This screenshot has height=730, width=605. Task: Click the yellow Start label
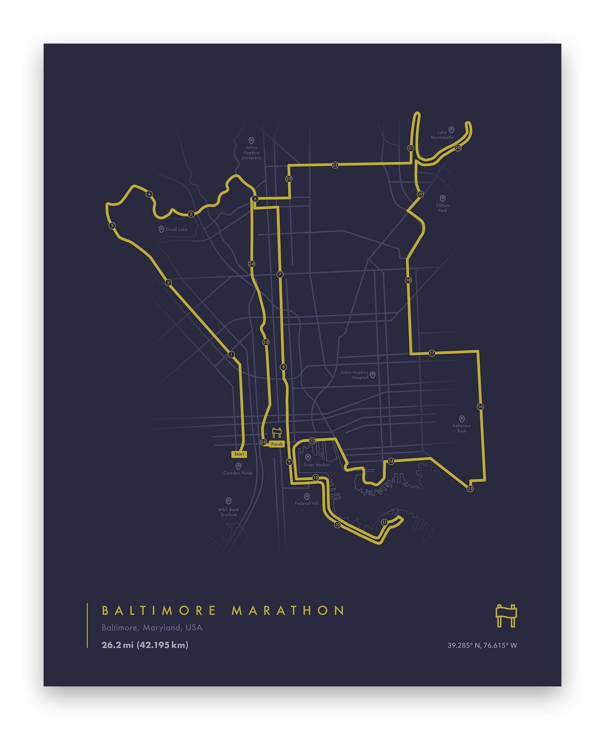(x=239, y=454)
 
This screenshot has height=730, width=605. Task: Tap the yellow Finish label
(x=277, y=444)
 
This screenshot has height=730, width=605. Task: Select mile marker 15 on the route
(x=470, y=489)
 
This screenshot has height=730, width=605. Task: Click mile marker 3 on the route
(x=112, y=226)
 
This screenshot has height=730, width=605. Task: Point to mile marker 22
(x=335, y=165)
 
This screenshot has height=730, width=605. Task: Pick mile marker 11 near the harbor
(x=384, y=522)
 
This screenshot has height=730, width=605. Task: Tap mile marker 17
(x=432, y=353)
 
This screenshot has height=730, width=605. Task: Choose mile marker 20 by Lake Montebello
(x=458, y=148)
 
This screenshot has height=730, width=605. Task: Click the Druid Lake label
(x=176, y=229)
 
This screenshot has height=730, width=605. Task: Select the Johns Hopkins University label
(x=251, y=153)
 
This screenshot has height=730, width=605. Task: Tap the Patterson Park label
(x=462, y=428)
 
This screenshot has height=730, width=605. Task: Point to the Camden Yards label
(x=238, y=473)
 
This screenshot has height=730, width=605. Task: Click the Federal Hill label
(x=307, y=503)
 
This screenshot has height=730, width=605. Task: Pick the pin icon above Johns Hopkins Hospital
(x=373, y=375)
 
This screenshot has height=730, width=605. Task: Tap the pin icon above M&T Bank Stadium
(x=229, y=501)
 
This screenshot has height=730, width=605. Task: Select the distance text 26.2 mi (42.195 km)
(x=145, y=645)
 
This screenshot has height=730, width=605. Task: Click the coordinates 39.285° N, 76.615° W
(x=482, y=645)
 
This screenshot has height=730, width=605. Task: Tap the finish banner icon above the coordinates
(x=506, y=616)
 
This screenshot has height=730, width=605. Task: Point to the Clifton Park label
(x=443, y=208)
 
